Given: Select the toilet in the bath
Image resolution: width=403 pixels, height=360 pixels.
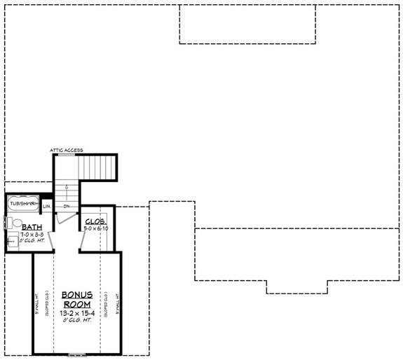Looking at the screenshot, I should pyautogui.click(x=8, y=223).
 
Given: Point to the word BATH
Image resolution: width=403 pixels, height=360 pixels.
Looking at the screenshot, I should pyautogui.click(x=30, y=227).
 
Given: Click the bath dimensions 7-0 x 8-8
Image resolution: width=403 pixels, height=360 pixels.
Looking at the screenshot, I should pyautogui.click(x=32, y=235).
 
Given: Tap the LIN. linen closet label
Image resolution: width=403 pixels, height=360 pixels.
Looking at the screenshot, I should pyautogui.click(x=46, y=207).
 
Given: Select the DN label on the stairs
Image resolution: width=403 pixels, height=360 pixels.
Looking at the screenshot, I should pyautogui.click(x=65, y=207).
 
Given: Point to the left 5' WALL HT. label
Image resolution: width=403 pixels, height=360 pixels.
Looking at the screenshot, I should pyautogui.click(x=37, y=303).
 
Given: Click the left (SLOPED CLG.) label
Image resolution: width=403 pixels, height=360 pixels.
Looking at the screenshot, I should pyautogui.click(x=48, y=303).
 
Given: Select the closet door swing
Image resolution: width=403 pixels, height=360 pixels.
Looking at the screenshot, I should pyautogui.click(x=84, y=242).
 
